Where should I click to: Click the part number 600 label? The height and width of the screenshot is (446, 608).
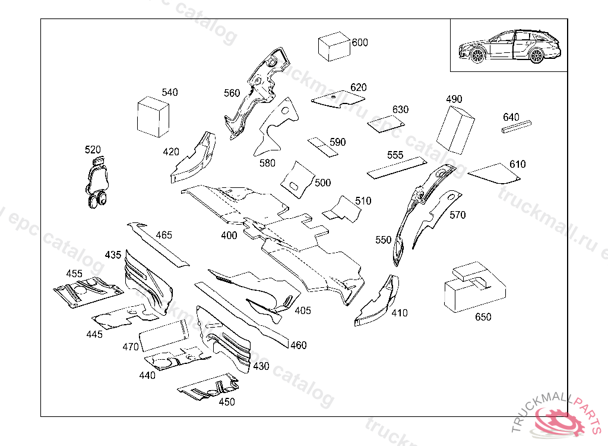coord(360,43)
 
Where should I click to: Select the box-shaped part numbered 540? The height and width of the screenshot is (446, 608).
coord(153,118)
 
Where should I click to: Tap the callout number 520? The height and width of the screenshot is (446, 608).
coord(93,149)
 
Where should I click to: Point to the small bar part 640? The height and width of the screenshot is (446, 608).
coord(516,127)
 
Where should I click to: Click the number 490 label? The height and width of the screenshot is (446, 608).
coord(454,99)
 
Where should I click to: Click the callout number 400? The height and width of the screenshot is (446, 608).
coord(229,235)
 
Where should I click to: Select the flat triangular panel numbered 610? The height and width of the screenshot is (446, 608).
coord(493,173)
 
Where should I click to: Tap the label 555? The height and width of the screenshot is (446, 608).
coord(395,155)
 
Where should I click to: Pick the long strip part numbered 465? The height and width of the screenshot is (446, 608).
coord(157,245)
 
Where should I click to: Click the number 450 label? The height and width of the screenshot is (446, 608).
coord(227,402)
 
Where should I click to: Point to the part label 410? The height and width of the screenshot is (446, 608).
coord(400,313)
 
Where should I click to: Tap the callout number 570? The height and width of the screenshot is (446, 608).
coord(457,215)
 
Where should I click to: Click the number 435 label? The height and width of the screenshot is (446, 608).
coord(113,255)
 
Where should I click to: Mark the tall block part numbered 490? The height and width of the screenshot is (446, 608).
coord(456,129)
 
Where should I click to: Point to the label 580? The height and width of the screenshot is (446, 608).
coord(267,162)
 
